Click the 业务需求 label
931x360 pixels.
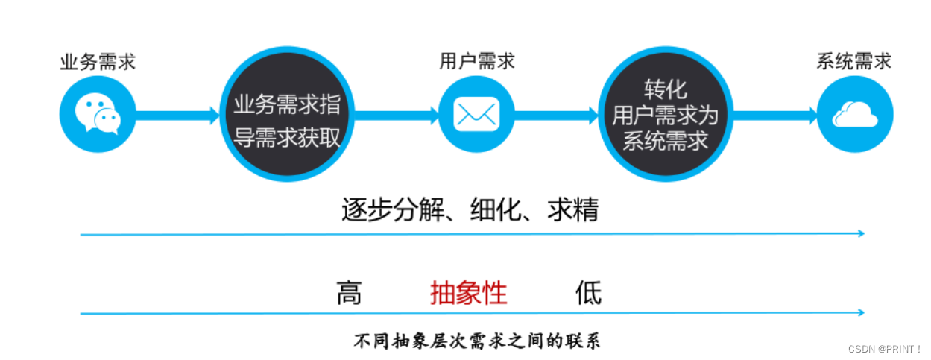tap(98, 62)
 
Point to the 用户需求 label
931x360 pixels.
tap(476, 61)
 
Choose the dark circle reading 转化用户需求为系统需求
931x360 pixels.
tap(665, 116)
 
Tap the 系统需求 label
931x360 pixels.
tap(853, 61)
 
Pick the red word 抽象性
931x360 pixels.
tap(468, 293)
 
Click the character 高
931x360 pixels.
tap(348, 293)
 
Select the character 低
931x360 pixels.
tap(588, 293)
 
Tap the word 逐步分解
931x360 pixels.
tap(391, 211)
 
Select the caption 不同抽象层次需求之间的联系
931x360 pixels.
tap(476, 341)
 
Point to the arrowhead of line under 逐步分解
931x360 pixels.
tap(860, 234)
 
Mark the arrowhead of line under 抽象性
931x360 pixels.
tap(860, 312)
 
